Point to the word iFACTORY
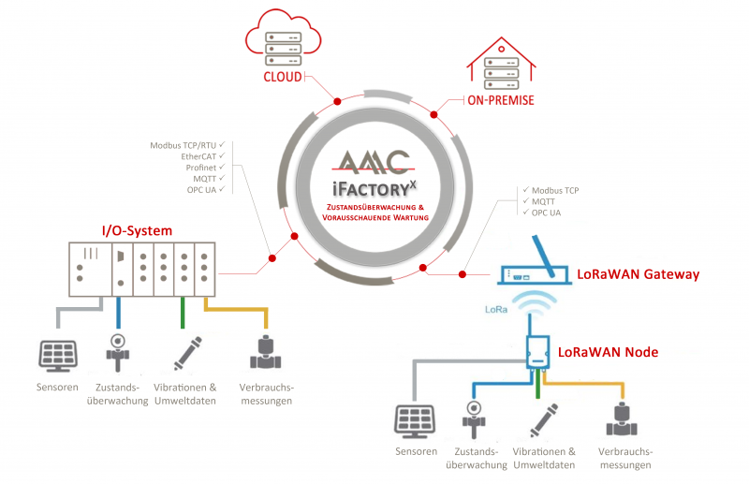(371, 185)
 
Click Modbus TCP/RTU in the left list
(188, 145)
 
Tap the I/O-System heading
(137, 230)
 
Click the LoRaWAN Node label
(608, 352)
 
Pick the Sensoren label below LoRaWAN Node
(416, 451)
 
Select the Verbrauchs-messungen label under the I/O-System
(267, 394)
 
